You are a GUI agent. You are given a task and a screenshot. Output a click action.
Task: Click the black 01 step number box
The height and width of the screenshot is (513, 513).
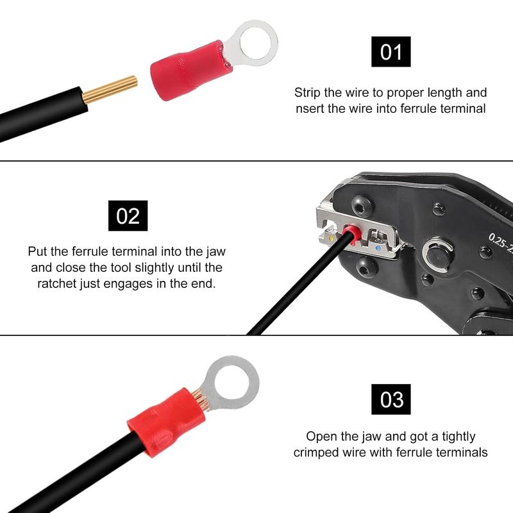(x=391, y=52)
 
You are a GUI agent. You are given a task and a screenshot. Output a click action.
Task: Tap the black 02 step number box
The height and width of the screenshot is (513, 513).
(x=128, y=215)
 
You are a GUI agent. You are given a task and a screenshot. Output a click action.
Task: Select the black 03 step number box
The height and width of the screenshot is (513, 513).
(x=391, y=399)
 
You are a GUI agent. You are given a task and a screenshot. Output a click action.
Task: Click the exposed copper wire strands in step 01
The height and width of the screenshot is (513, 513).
(x=110, y=89)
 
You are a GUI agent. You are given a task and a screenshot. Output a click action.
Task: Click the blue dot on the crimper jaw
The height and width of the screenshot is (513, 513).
(x=378, y=248)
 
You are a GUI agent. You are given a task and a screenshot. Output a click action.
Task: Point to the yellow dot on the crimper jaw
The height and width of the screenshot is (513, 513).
(x=331, y=239)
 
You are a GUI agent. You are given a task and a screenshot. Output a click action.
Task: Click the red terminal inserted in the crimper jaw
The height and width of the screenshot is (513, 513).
(x=352, y=234)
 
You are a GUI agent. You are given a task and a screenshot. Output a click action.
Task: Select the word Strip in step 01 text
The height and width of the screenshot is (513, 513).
(x=308, y=93)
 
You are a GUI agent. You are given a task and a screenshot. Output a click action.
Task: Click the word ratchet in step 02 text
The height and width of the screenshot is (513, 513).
(x=58, y=283)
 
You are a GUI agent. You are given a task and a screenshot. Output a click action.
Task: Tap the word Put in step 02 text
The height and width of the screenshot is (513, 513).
(x=38, y=251)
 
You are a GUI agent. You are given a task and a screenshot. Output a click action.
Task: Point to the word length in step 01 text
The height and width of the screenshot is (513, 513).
(x=442, y=93)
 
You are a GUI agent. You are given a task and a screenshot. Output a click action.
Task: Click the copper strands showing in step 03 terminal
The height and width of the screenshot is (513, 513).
(x=200, y=399)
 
